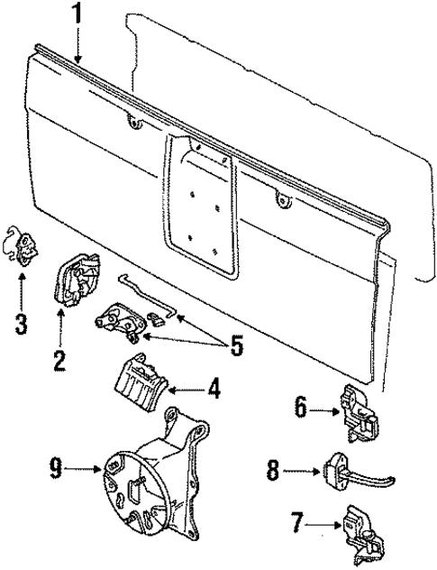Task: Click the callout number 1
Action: pos(79,15)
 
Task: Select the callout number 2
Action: pos(59,362)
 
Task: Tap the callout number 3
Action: pos(21,323)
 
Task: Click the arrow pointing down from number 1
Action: pos(79,45)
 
